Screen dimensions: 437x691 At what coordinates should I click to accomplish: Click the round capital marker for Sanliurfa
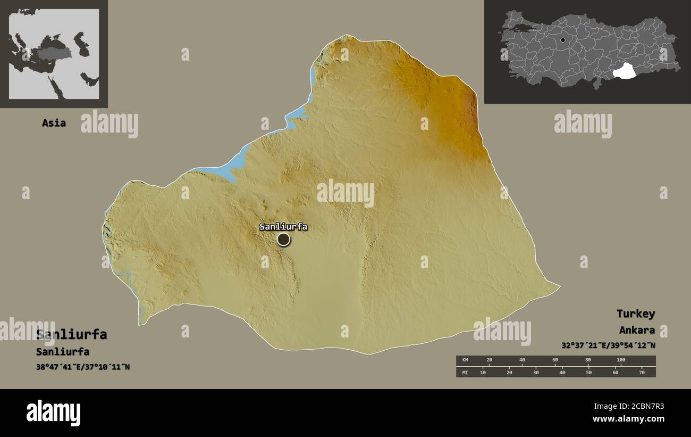(284, 240)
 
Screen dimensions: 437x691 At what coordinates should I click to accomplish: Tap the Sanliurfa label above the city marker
(283, 227)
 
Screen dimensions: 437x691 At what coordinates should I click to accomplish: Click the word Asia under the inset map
(54, 123)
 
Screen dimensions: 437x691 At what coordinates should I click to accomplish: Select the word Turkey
(635, 314)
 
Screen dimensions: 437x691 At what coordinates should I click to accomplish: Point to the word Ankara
(637, 330)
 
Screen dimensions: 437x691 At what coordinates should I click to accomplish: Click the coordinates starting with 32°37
(608, 345)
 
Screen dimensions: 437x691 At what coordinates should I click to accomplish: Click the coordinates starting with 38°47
(83, 367)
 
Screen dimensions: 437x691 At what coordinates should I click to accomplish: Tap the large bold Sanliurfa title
(71, 335)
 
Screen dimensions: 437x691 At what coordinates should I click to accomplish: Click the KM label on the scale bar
(465, 360)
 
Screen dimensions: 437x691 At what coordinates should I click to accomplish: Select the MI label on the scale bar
(465, 373)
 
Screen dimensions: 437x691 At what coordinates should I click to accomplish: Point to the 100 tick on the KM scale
(621, 360)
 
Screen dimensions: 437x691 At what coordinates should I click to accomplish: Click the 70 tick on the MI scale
(642, 373)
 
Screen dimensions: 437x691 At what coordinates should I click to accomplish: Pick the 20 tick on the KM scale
(489, 360)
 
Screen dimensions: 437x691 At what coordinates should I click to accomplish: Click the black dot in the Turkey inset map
(563, 40)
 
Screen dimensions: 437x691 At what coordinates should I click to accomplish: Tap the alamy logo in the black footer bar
(54, 413)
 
